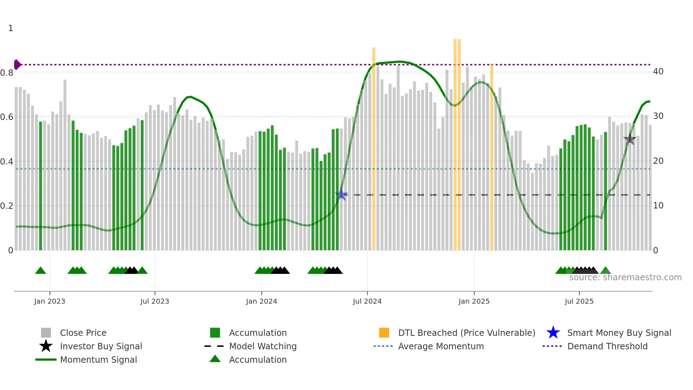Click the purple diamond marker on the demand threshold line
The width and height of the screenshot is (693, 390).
click(x=17, y=65)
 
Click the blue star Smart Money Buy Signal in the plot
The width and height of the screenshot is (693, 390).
click(x=342, y=195)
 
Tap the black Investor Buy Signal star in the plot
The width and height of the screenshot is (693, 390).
click(x=630, y=139)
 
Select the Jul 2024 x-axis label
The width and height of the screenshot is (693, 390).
click(x=367, y=301)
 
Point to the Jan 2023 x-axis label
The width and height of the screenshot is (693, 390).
click(x=49, y=301)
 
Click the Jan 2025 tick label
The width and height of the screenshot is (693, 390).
click(x=474, y=301)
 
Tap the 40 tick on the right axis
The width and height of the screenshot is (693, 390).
click(x=658, y=71)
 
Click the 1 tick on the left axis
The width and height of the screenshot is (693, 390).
click(x=11, y=28)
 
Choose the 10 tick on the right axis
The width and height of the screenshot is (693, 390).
click(x=658, y=206)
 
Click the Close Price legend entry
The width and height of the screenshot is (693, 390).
click(x=83, y=333)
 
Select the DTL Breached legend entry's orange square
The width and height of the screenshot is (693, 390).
click(x=384, y=333)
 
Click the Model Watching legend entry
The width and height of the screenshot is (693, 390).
click(x=263, y=346)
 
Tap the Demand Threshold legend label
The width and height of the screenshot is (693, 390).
click(x=607, y=346)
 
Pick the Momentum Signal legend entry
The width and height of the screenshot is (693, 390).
click(x=98, y=360)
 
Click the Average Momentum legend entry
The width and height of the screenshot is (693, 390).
click(x=441, y=346)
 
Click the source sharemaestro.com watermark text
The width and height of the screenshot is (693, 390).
click(x=625, y=277)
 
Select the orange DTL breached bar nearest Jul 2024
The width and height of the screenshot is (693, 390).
click(x=374, y=149)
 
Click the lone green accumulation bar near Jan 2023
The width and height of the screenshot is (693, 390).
click(x=41, y=186)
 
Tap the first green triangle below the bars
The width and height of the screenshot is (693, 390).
click(x=41, y=271)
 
